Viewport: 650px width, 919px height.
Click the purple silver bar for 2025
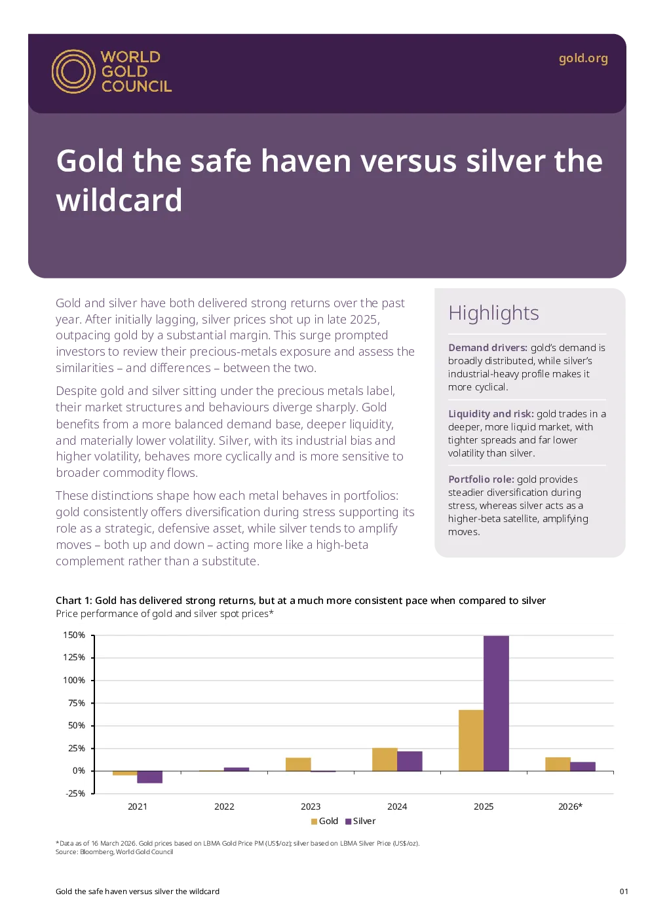(496, 703)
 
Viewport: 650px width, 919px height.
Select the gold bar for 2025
(471, 740)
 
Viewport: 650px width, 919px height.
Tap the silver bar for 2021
(150, 777)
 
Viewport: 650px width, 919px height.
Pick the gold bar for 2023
(298, 764)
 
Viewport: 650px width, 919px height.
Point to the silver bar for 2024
(410, 761)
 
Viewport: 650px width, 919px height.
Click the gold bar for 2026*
(558, 764)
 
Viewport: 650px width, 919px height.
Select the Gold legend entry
(324, 821)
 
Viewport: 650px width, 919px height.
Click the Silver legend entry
(360, 821)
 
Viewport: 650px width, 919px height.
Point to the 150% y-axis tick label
(74, 635)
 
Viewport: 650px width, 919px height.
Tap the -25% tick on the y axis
(75, 793)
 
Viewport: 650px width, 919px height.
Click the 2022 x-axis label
(224, 806)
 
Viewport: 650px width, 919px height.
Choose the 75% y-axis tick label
(76, 703)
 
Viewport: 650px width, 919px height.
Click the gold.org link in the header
(583, 59)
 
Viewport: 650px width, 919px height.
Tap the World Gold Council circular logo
(73, 71)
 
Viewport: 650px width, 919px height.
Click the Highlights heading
(493, 314)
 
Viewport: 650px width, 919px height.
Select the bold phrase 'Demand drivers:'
(487, 348)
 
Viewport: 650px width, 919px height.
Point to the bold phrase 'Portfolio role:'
(481, 479)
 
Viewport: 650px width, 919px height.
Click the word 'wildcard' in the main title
(119, 200)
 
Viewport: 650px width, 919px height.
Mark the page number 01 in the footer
(624, 891)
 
